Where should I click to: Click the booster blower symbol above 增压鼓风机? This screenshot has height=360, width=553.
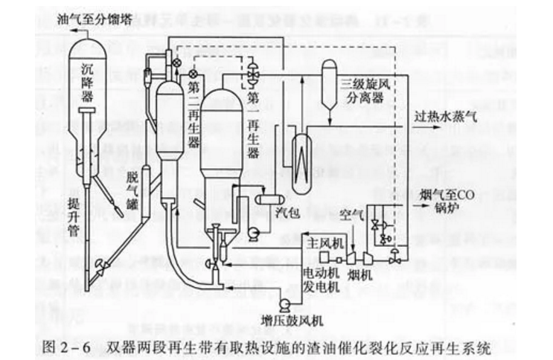click(x=283, y=305)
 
